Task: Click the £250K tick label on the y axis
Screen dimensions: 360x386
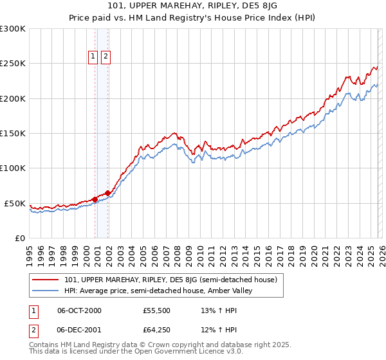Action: click(x=13, y=64)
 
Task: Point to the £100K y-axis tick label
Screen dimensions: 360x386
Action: click(x=13, y=168)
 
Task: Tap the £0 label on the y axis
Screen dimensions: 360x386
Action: click(x=19, y=238)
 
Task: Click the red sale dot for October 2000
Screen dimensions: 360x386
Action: click(x=95, y=199)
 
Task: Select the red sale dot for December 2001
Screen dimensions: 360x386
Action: click(x=108, y=193)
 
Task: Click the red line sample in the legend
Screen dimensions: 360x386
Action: click(x=46, y=280)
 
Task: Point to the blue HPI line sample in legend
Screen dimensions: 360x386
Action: click(x=46, y=291)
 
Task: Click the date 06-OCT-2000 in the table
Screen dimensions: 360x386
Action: click(x=79, y=310)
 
